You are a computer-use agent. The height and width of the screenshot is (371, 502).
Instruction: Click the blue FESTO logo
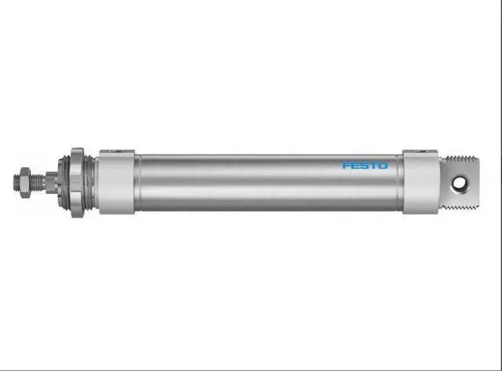(365, 165)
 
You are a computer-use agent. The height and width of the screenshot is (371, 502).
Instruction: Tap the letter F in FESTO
(346, 165)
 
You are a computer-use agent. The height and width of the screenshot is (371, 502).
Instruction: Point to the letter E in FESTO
(355, 165)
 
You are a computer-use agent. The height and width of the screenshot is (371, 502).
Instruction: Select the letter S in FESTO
(364, 165)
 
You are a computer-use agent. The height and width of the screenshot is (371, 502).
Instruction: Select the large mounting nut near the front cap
(77, 183)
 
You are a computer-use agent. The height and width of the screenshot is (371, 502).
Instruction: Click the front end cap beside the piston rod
(116, 183)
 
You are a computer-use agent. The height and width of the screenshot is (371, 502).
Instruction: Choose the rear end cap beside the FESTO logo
(420, 183)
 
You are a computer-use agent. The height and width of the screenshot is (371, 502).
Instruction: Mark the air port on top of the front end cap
(116, 151)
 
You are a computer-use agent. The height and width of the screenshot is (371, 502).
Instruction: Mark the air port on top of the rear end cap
(420, 151)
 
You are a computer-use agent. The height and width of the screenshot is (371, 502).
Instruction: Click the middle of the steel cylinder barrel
(267, 183)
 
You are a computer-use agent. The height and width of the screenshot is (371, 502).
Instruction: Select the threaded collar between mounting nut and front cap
(91, 183)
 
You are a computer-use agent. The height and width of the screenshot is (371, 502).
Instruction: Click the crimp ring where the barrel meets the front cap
(137, 183)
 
